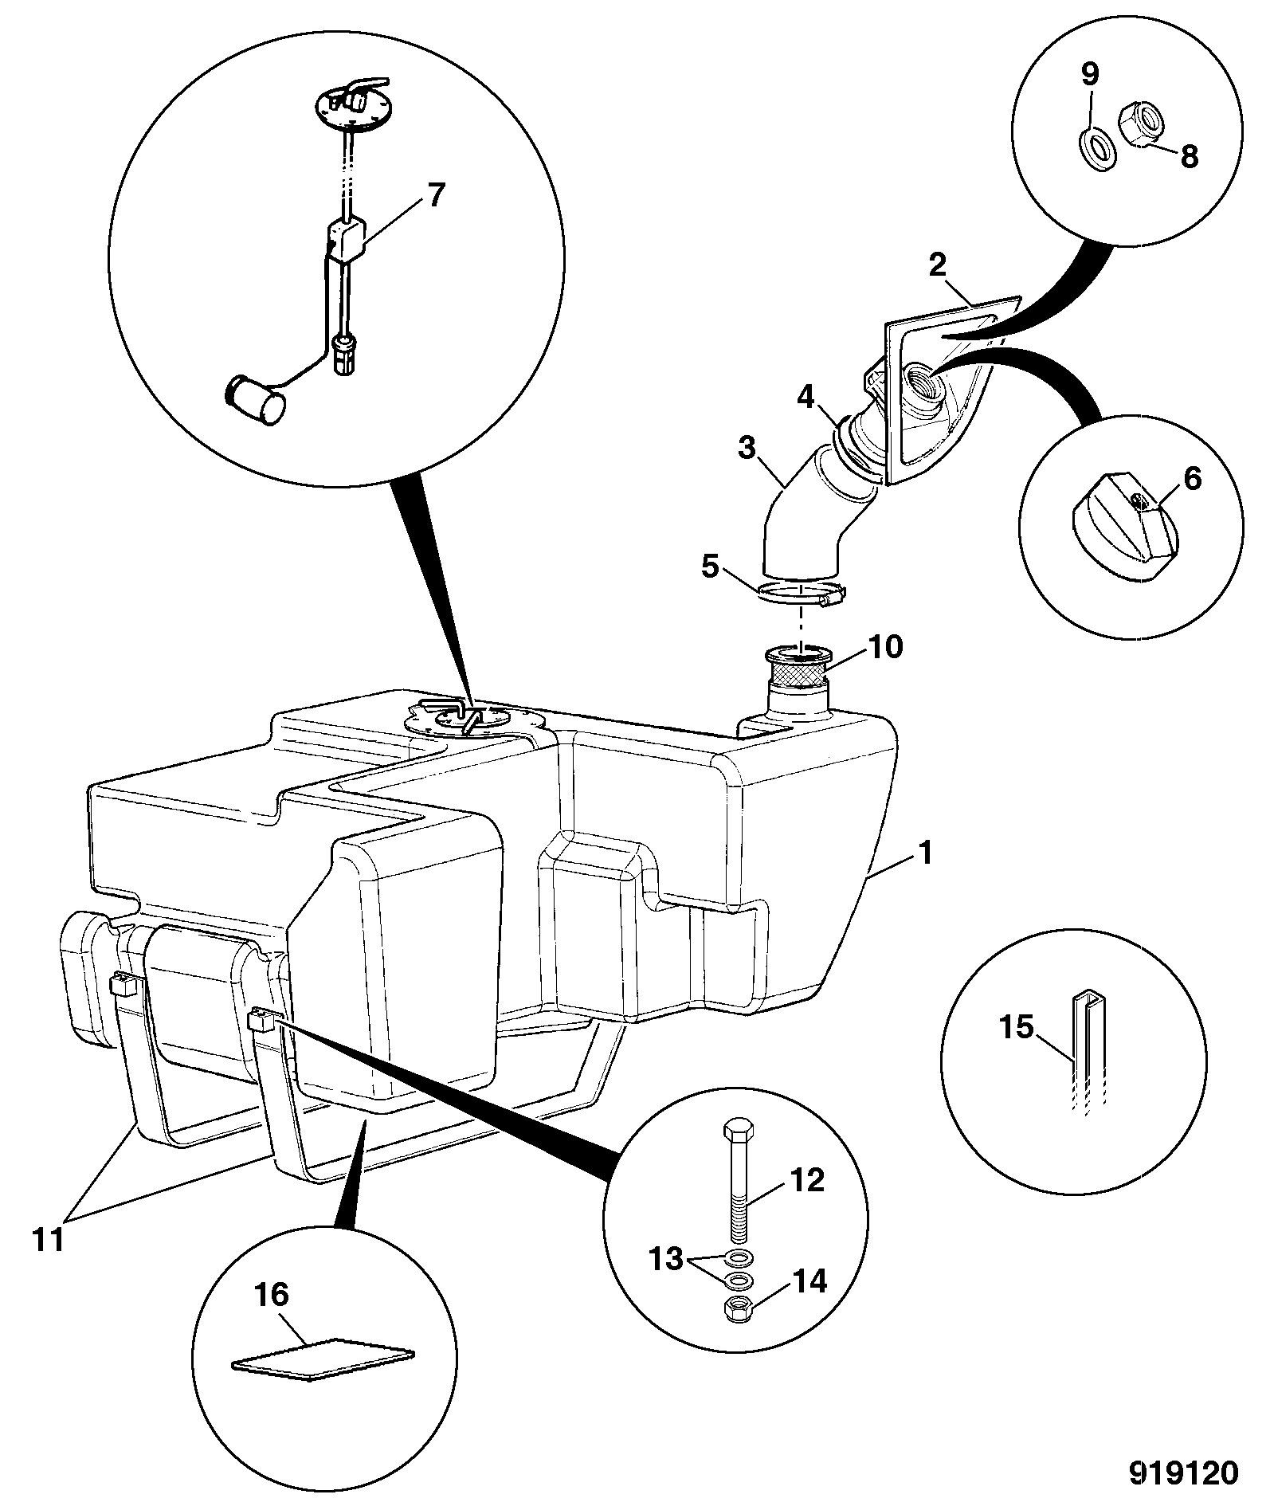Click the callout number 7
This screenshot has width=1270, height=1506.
[434, 195]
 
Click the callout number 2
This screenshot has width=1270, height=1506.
[937, 266]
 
